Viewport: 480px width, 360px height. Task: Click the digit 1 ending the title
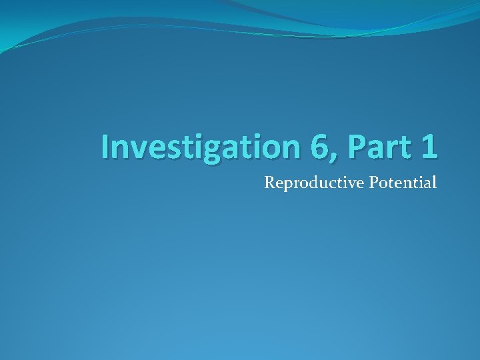coord(429,147)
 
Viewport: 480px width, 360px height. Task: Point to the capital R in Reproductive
coord(269,181)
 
